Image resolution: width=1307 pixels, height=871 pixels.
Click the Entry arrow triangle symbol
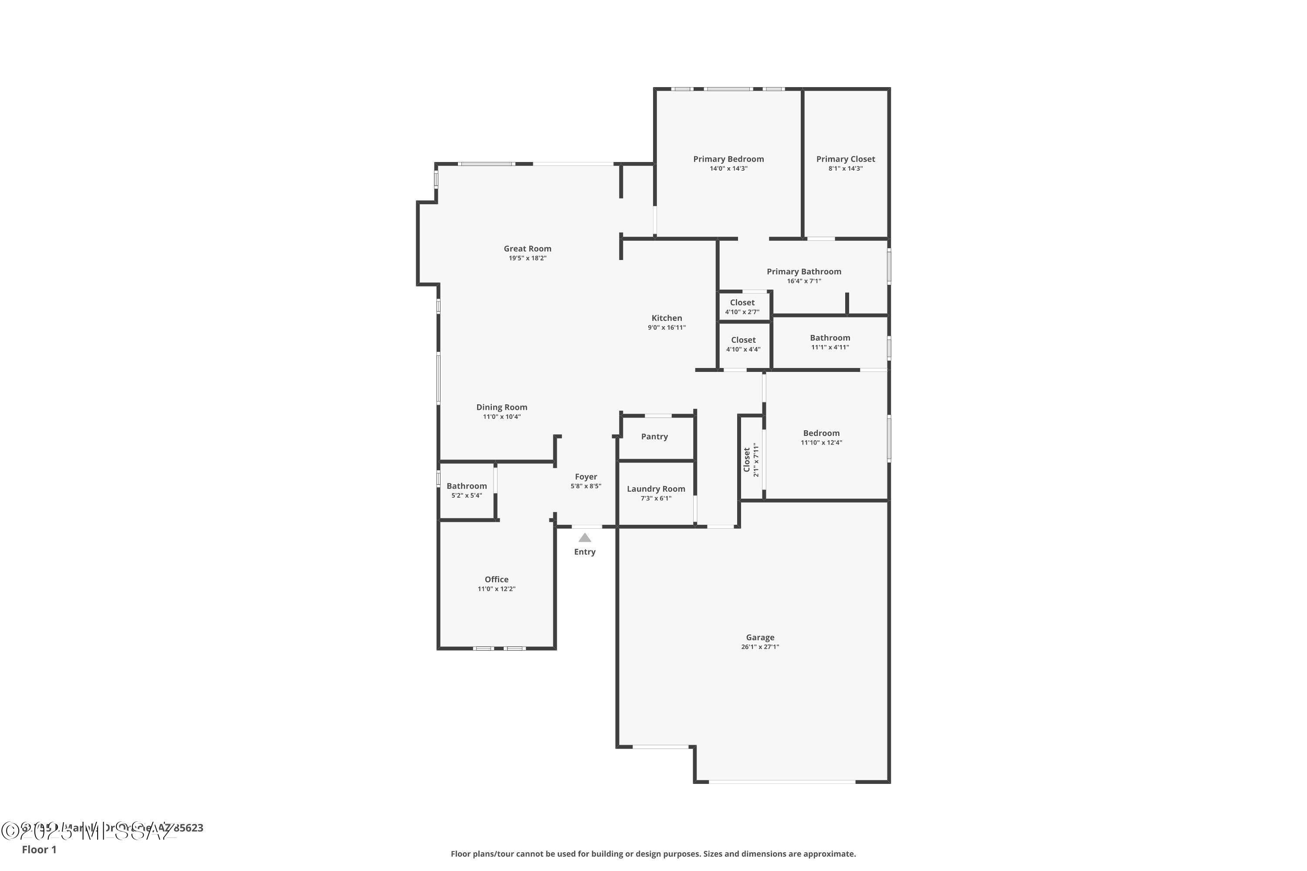tap(585, 538)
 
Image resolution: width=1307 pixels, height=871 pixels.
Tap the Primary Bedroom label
tap(728, 159)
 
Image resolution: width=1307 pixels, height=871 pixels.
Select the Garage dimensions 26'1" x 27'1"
tap(760, 647)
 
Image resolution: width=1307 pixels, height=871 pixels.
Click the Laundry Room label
tap(656, 489)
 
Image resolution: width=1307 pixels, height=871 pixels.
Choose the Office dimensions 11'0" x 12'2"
tap(496, 589)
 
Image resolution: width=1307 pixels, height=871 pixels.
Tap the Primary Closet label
tap(845, 159)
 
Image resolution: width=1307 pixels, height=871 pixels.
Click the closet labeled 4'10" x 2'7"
tap(742, 307)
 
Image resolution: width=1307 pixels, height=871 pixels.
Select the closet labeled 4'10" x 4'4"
tap(743, 344)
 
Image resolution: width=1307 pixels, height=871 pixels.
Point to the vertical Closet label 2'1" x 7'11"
tap(750, 459)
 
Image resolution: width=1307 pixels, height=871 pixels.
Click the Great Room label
tap(527, 249)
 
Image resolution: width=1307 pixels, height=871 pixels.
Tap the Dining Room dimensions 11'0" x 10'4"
tap(501, 417)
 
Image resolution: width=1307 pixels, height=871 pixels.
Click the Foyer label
tap(586, 476)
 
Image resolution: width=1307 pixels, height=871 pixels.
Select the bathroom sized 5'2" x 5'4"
tap(466, 490)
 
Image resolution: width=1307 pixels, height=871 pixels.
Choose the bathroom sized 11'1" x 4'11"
tap(830, 341)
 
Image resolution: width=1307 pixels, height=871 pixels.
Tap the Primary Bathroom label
tap(803, 272)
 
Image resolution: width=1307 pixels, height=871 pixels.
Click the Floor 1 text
tap(39, 849)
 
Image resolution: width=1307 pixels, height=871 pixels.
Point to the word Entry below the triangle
tap(585, 552)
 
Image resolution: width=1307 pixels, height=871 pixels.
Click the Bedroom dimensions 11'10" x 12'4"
tap(821, 443)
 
